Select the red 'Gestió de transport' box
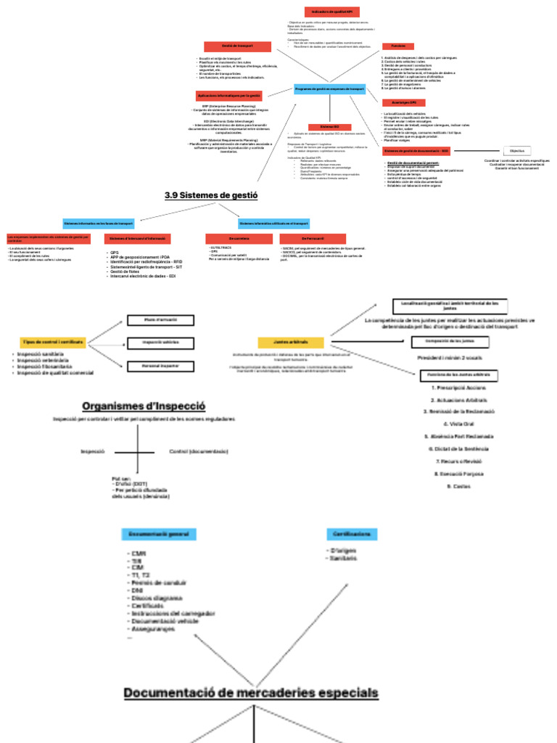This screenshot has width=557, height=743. tap(237, 46)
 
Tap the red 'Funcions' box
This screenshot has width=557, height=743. tap(398, 46)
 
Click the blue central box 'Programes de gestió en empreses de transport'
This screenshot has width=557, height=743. tap(329, 89)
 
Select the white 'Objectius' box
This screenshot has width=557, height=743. tap(516, 151)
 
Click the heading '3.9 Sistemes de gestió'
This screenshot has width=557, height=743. tap(211, 194)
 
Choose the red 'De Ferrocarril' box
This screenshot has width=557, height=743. tap(313, 238)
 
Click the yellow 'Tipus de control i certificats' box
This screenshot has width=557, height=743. tap(53, 341)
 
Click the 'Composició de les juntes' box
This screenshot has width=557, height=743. tap(447, 341)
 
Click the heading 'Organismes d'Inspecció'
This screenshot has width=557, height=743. tap(144, 406)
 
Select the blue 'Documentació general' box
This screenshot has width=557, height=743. tap(158, 534)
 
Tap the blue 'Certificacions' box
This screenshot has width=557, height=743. tap(352, 534)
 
